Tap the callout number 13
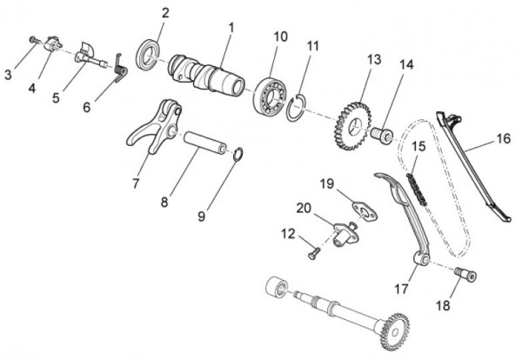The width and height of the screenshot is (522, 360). (374, 59)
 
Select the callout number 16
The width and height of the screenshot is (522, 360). (504, 137)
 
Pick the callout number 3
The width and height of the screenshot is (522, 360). (8, 76)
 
